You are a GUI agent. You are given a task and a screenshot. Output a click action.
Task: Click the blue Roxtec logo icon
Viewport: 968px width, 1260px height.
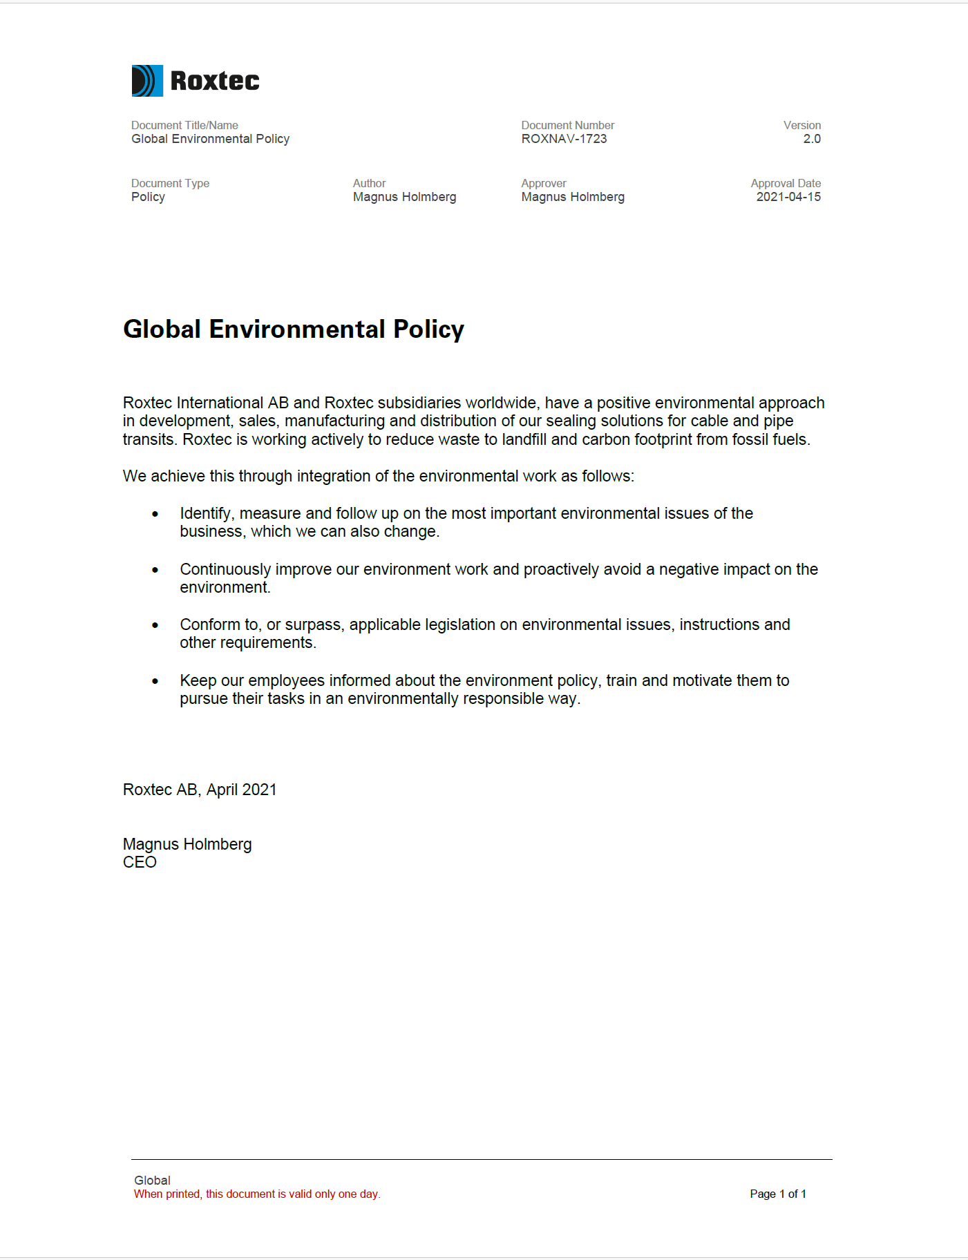click(147, 81)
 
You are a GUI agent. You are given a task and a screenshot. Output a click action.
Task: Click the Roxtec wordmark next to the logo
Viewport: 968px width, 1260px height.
click(215, 81)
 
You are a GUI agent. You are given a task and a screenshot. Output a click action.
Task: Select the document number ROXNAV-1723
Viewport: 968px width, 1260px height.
click(564, 139)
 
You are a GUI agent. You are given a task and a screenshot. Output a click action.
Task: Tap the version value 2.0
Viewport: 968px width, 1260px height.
click(812, 139)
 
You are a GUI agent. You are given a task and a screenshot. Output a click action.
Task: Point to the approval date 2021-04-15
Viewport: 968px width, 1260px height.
click(788, 197)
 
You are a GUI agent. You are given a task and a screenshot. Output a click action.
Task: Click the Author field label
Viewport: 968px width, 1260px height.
click(369, 183)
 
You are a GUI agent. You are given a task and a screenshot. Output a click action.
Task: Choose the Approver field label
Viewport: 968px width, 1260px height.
click(544, 183)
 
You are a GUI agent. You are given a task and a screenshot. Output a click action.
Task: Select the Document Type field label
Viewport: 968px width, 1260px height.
click(170, 183)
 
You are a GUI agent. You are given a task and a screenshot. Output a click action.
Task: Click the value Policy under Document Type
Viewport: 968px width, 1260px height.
click(148, 197)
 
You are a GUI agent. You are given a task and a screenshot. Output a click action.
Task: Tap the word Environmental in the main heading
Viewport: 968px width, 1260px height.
click(297, 330)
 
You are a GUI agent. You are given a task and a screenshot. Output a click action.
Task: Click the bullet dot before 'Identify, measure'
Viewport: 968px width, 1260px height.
click(155, 514)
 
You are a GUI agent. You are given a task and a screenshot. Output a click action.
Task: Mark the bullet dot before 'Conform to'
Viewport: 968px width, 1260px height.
click(155, 625)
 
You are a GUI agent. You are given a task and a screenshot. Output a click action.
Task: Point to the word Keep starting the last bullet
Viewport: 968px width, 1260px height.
click(198, 680)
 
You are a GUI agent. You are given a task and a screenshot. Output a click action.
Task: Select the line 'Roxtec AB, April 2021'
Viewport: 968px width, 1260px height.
click(200, 790)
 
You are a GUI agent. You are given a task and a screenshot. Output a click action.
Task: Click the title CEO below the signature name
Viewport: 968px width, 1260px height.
click(140, 862)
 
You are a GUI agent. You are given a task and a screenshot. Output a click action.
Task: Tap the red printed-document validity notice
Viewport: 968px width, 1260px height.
click(257, 1194)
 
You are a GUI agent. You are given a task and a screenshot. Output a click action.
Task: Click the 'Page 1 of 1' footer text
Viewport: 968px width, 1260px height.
click(778, 1194)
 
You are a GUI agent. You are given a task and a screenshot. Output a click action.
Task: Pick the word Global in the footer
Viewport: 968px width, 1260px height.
click(152, 1180)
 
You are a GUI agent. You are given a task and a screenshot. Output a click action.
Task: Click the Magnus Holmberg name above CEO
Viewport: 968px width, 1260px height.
click(187, 844)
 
